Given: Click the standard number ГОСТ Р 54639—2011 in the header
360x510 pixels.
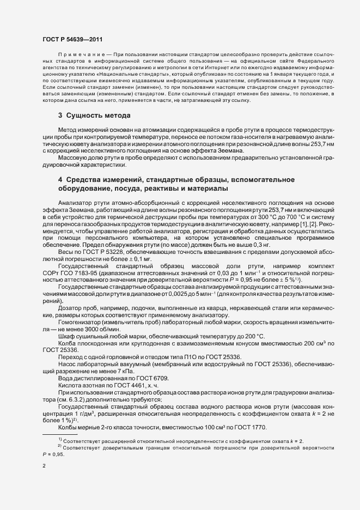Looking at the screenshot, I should (x=72, y=40).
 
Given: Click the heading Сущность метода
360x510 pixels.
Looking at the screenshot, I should (x=97, y=116).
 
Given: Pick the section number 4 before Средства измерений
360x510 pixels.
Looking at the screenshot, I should (x=60, y=179).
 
